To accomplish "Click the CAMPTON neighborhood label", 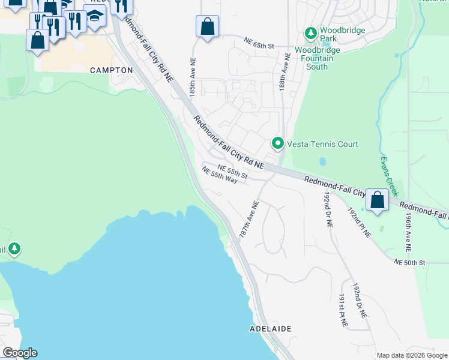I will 111,70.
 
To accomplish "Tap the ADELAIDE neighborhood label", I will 270,329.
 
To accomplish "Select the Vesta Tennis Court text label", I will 322,144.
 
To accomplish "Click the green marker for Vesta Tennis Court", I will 277,143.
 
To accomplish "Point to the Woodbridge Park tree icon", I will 310,32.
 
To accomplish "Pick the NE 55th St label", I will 232,171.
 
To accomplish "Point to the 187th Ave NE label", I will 249,221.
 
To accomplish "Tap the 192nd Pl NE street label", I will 360,223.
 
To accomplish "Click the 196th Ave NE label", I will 408,233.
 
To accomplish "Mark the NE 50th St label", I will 409,263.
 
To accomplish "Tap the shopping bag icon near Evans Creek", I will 378,200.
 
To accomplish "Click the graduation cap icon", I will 95,16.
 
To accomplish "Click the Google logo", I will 20,353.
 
